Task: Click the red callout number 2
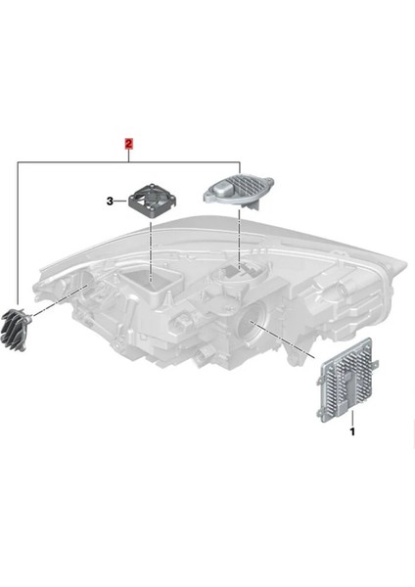tap(128, 143)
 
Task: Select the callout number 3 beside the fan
tap(111, 202)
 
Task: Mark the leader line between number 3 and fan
tap(123, 202)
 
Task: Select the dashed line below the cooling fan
tap(152, 249)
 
